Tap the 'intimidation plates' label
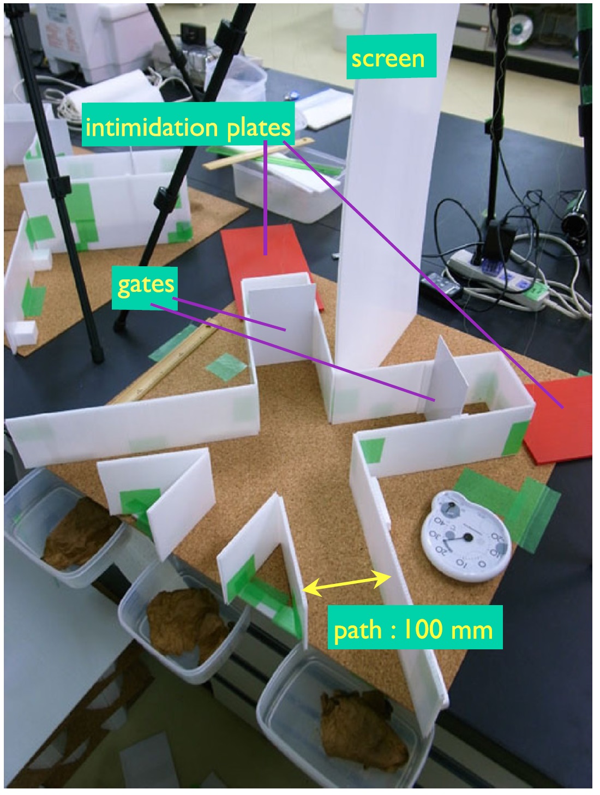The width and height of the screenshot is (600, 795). pos(188,128)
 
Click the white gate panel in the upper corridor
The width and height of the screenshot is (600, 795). pos(278,325)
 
